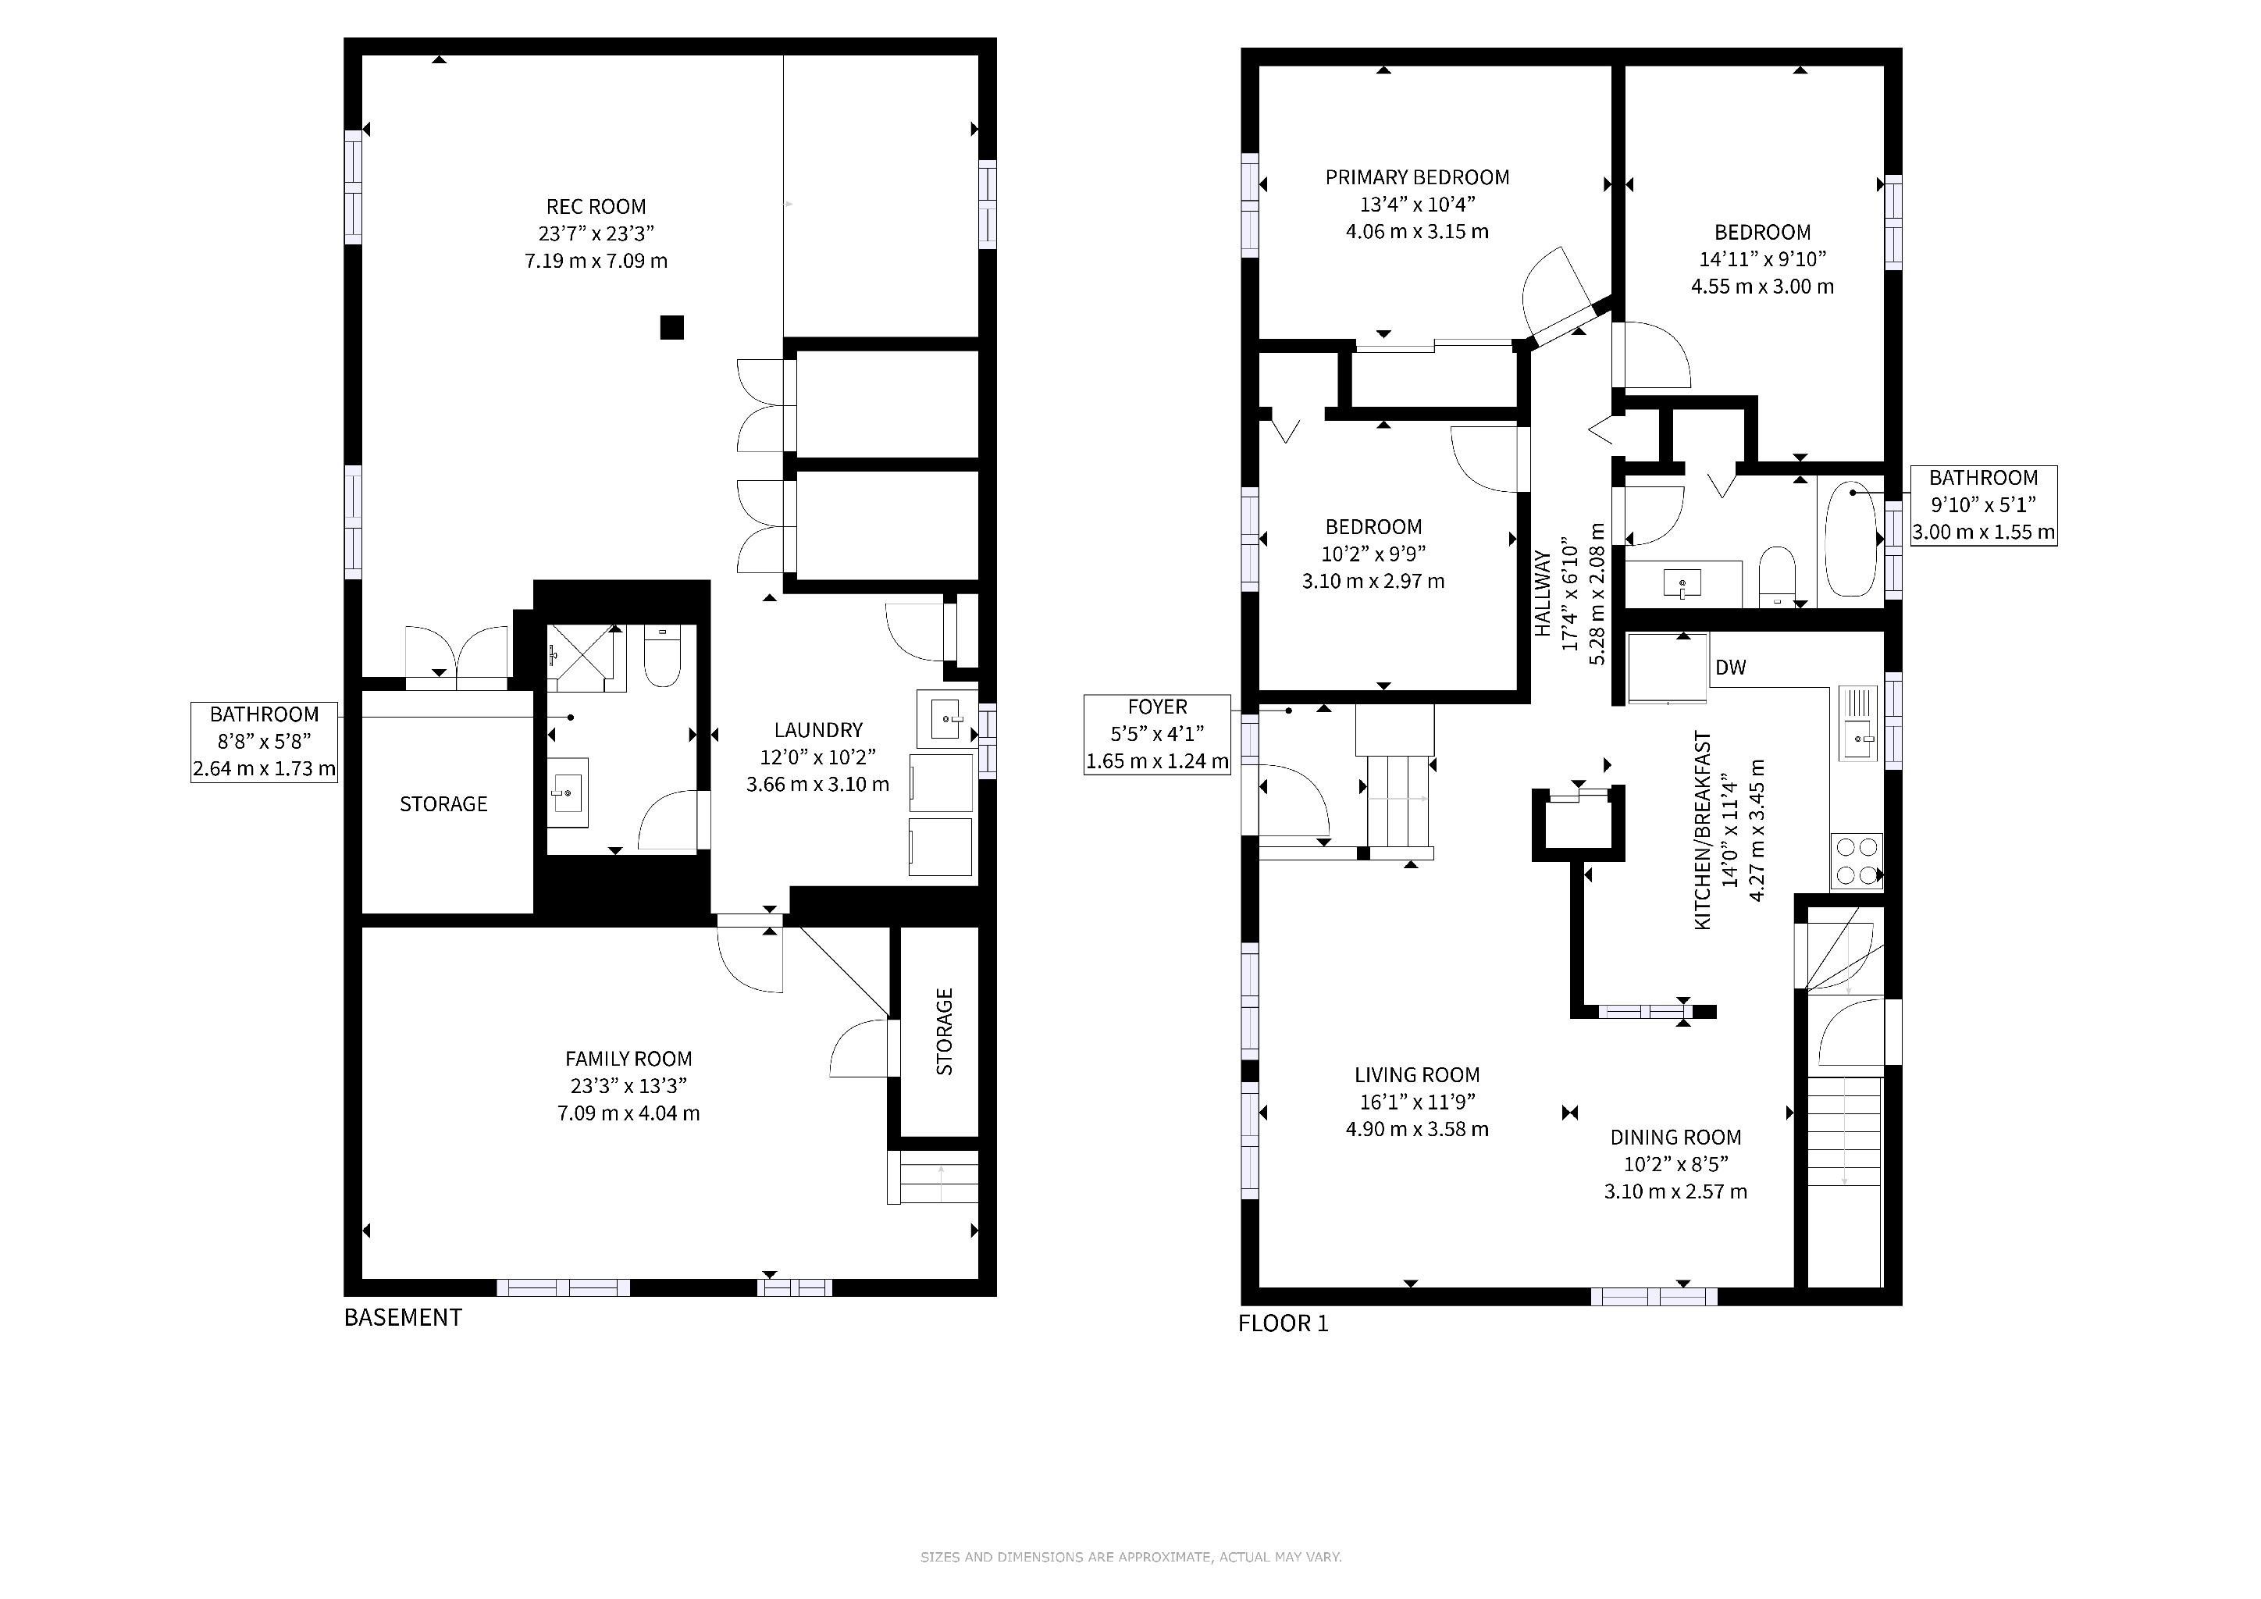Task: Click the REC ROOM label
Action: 596,207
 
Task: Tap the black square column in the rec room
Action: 671,327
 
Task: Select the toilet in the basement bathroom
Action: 662,656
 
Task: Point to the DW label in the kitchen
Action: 1730,668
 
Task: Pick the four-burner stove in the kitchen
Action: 1857,860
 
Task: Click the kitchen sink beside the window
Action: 1857,724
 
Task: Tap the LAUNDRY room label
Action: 818,729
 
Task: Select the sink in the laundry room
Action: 945,719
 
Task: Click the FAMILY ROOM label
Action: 628,1059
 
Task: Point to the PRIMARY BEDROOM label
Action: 1417,177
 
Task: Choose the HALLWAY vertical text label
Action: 1542,593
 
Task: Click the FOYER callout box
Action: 1157,735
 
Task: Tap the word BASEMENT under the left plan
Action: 403,1317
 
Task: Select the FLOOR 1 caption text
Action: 1284,1323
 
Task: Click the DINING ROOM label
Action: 1675,1138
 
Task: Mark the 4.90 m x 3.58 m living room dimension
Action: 1417,1129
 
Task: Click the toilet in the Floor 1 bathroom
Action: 1778,577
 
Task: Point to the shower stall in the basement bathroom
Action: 586,657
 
